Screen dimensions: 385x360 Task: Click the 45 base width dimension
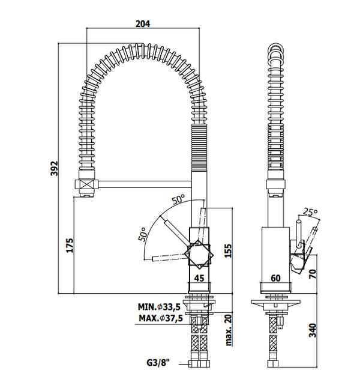(200, 278)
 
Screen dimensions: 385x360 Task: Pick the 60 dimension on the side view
(276, 278)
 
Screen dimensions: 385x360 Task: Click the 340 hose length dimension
(312, 331)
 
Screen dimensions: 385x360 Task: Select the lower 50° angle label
(143, 234)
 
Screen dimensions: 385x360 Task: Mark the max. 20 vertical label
(229, 331)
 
